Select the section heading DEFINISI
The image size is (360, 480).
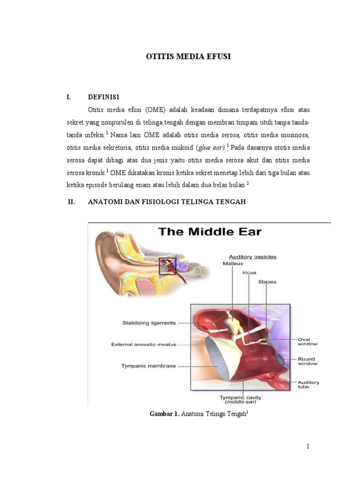coord(104,97)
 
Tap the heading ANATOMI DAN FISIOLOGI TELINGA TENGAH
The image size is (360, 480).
coord(166,202)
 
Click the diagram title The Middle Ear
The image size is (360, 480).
coord(210,231)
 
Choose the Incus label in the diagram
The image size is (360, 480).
coord(249,272)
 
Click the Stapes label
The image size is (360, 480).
coord(267,282)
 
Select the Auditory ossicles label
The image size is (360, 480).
coord(252,256)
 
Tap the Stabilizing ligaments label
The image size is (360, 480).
coord(149,322)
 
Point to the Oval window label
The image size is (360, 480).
coord(307,341)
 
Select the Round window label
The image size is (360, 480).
coord(307,361)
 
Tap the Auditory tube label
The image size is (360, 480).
coord(308,384)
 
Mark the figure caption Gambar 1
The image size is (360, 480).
coord(164,413)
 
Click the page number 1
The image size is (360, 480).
coord(308,446)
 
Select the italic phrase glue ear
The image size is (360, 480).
coord(210,147)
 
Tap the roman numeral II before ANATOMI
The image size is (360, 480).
coord(72,202)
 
